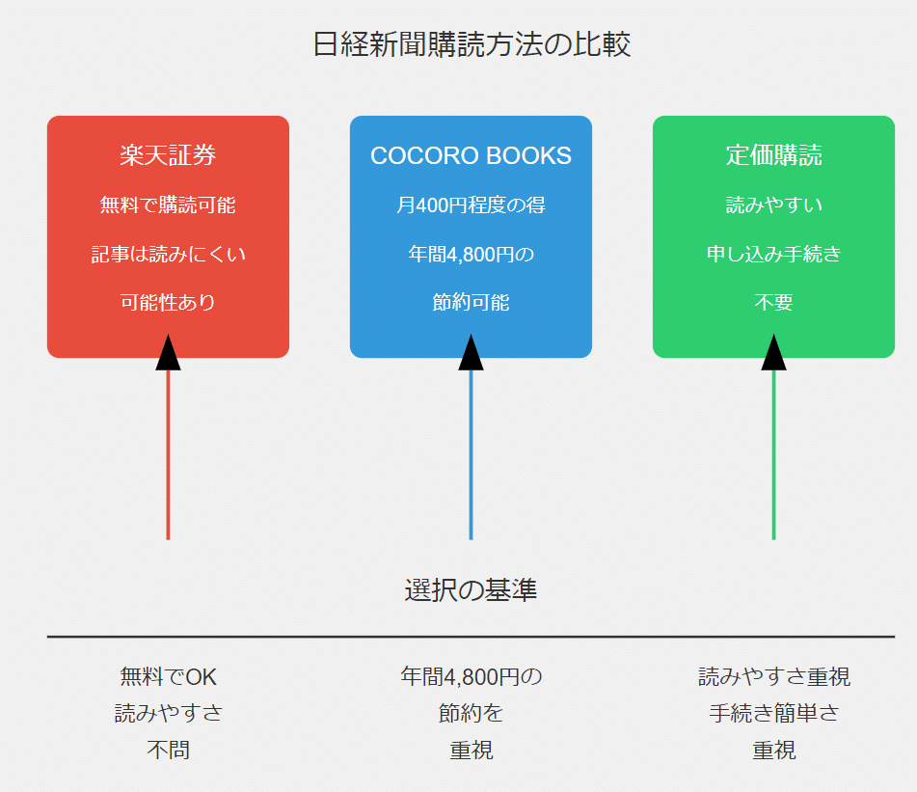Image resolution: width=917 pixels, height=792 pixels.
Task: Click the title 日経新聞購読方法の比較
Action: coord(472,44)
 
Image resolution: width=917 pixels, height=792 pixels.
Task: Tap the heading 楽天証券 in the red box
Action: coord(168,155)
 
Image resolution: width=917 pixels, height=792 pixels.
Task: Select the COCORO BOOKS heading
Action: coord(471,155)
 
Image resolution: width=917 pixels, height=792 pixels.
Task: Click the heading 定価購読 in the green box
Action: coord(773,155)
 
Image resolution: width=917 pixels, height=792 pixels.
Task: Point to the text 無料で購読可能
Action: coord(168,205)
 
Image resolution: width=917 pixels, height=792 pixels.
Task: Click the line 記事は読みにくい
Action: coord(168,254)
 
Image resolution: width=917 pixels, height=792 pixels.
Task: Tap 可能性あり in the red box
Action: coord(168,302)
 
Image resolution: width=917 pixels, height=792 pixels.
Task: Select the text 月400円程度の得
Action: coord(471,205)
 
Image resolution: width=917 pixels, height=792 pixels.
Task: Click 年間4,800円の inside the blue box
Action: coord(471,254)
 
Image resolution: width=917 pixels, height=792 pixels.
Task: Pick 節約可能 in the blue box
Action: coord(471,302)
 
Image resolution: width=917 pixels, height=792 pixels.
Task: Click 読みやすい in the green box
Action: coord(773,205)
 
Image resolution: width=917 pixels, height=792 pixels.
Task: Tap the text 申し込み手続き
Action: coord(773,254)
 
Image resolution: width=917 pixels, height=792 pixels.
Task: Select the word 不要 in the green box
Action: coord(773,302)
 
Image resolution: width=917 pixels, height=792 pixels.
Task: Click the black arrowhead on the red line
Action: coord(168,354)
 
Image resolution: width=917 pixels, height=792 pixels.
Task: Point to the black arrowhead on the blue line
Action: coord(471,354)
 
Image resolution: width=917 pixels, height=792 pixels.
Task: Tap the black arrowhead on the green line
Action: coord(773,354)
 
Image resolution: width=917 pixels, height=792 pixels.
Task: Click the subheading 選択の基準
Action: coord(471,589)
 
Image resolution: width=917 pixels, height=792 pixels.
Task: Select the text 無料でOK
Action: coord(168,676)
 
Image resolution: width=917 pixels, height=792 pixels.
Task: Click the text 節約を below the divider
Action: coord(471,714)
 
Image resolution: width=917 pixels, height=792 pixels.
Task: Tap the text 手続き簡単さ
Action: coord(773,714)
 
